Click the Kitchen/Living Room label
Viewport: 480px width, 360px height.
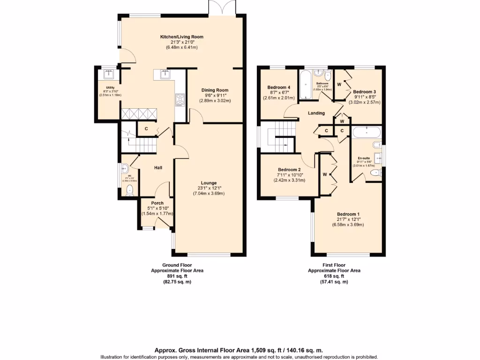tap(182, 37)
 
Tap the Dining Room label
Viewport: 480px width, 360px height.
tap(215, 90)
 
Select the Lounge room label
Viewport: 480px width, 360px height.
tap(209, 183)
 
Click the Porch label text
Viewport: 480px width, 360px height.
tap(157, 203)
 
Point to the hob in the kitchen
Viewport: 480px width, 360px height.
tap(180, 98)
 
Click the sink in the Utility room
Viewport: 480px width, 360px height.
tap(110, 74)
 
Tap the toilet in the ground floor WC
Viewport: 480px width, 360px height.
tap(130, 190)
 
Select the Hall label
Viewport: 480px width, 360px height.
tap(158, 167)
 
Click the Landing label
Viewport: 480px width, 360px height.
tap(316, 113)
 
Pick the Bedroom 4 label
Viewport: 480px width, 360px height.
tap(279, 87)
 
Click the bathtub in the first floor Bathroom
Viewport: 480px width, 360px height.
tap(305, 85)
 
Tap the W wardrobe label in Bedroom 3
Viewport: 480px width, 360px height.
tap(339, 84)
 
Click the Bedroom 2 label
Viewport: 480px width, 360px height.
tap(289, 170)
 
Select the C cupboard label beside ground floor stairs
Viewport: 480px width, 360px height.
tap(146, 128)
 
